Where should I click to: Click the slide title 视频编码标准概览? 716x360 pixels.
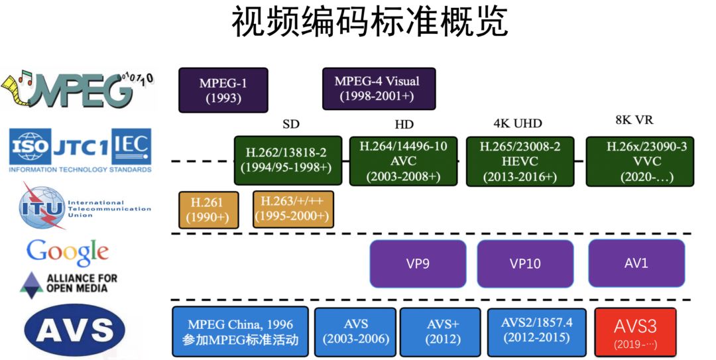370,23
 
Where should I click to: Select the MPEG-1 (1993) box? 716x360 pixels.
223,90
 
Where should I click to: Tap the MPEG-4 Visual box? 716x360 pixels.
379,88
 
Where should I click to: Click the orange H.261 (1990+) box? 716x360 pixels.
208,210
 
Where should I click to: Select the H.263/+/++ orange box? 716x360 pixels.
293,209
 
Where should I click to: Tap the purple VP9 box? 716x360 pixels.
418,263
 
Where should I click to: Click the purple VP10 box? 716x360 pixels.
525,263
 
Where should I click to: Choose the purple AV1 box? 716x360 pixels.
636,263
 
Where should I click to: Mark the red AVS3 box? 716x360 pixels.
635,332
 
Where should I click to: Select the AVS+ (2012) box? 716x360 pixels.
440,331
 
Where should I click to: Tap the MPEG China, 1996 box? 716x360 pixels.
240,331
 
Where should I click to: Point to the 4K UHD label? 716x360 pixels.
518,123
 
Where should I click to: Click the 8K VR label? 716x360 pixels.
634,120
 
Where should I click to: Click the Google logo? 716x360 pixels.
68,251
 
